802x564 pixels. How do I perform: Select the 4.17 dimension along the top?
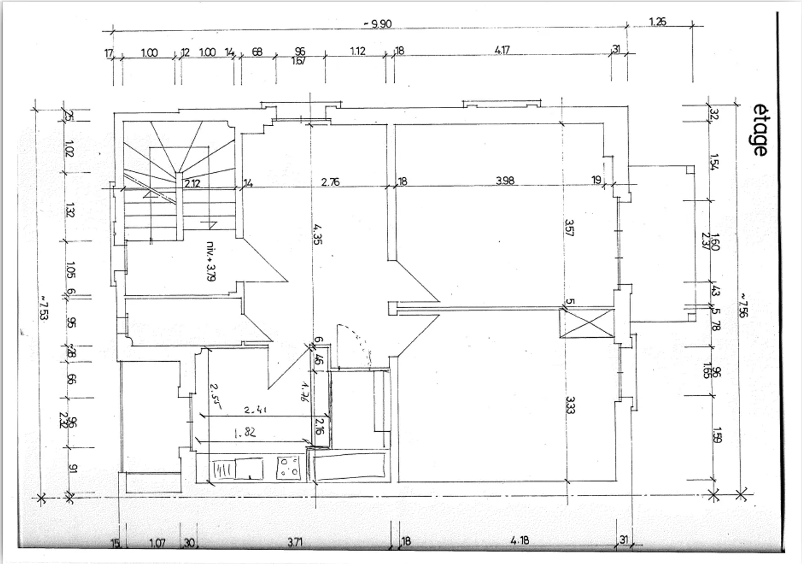[502, 50]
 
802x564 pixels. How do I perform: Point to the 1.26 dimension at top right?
[658, 22]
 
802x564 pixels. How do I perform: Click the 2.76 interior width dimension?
[331, 182]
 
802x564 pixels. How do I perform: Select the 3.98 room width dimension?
[505, 181]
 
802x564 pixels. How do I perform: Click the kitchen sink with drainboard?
[238, 468]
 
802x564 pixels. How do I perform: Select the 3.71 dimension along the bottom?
[295, 542]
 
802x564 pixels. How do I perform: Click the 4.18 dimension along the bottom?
[520, 541]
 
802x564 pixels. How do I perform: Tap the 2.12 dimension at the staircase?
[193, 182]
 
